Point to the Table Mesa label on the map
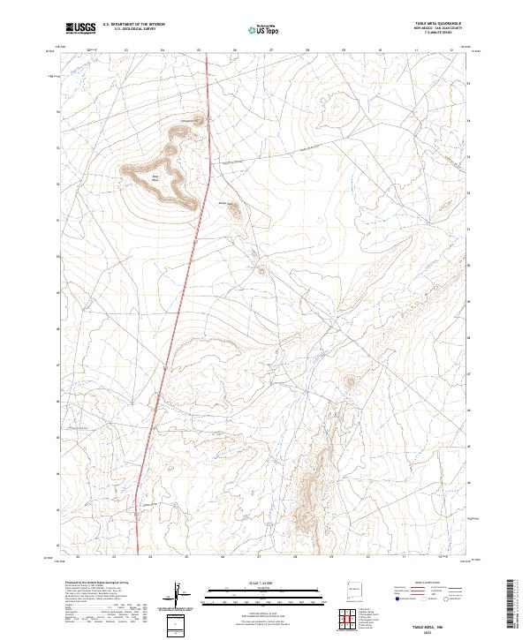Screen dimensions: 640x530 coord(155,177)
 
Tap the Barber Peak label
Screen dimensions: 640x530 coord(223,203)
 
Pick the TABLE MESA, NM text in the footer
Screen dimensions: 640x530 coord(439,624)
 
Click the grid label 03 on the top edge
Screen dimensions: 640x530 coord(126,50)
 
